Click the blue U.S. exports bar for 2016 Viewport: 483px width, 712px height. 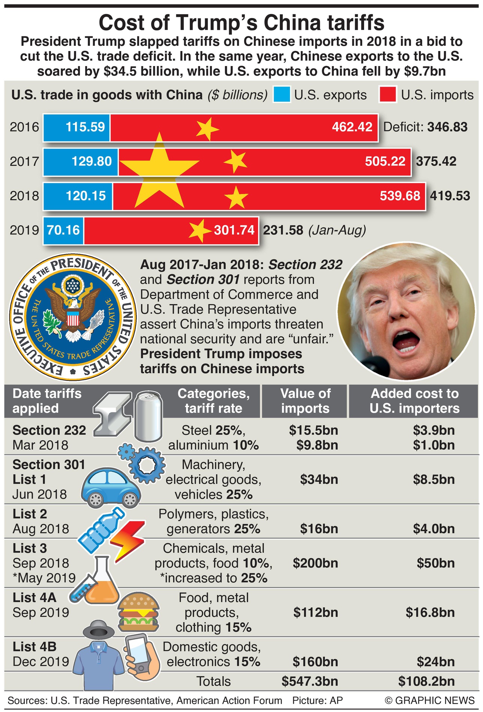(76, 127)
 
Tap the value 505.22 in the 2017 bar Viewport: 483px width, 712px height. (385, 161)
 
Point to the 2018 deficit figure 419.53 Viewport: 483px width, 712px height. (450, 196)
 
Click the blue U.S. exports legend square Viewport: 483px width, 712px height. (282, 95)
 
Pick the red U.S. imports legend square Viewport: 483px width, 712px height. (388, 95)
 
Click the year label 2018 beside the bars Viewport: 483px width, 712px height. (24, 196)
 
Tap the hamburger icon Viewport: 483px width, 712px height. (138, 613)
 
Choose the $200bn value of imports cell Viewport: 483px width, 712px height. (315, 563)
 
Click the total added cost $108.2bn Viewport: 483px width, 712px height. (426, 681)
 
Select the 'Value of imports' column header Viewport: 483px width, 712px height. (305, 401)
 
